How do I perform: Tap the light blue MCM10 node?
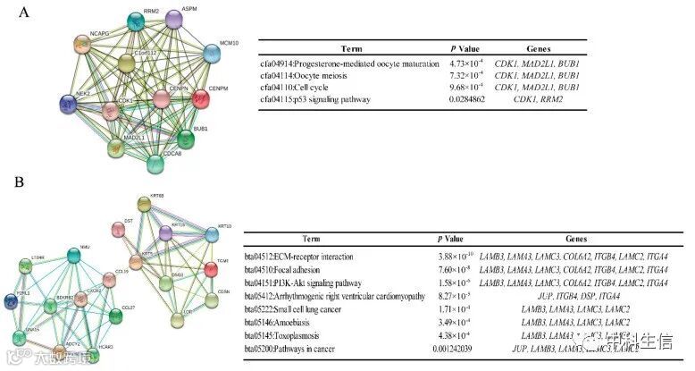click(212, 53)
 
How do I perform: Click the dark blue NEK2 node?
click(69, 105)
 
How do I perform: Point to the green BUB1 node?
click(185, 139)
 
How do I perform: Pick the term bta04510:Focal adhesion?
click(300, 269)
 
